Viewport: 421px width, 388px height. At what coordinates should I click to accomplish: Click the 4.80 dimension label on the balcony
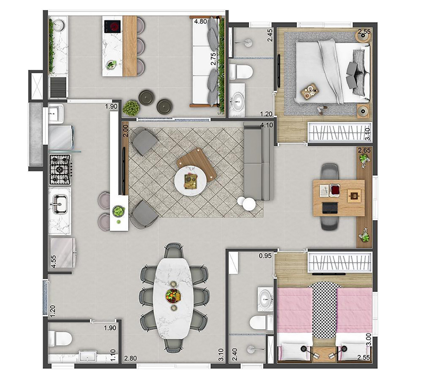point(201,21)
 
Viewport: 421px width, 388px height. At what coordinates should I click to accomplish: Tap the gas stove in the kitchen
point(60,170)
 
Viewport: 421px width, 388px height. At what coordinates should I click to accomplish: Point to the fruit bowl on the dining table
point(173,296)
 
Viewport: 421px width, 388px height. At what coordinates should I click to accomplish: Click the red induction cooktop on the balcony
point(112,27)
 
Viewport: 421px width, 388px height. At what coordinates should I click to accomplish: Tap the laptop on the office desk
point(330,208)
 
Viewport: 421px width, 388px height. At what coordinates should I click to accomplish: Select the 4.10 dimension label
point(266,125)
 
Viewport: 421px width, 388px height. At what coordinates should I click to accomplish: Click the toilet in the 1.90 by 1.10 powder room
point(60,339)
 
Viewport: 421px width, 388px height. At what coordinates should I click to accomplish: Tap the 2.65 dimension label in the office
point(364,150)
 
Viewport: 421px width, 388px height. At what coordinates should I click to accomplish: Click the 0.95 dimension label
point(265,256)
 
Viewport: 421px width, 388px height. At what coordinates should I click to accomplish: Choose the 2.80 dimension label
point(130,358)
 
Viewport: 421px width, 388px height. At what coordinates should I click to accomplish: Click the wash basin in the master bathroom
point(237,101)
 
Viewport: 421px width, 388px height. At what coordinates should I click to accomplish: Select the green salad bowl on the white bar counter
point(118,211)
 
